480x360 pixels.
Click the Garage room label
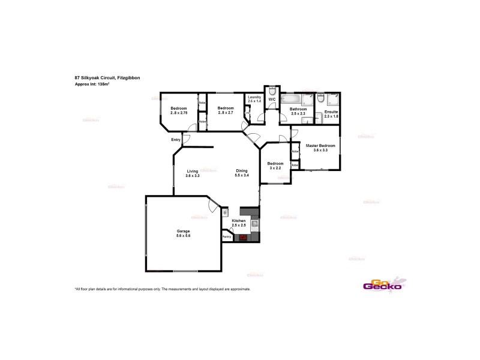[x=183, y=231]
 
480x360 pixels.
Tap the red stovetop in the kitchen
[x=243, y=237]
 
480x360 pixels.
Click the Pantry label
[x=227, y=237]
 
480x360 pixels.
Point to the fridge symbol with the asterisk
[x=225, y=212]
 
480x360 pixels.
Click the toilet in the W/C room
[x=272, y=92]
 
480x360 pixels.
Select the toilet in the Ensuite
[x=322, y=97]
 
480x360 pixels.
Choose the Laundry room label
[x=254, y=98]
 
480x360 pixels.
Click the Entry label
[x=176, y=140]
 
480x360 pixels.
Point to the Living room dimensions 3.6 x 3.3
[x=193, y=175]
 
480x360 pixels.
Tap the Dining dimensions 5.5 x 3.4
[x=242, y=175]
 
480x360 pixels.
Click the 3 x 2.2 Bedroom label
[x=275, y=169]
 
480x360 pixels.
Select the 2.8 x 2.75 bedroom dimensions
[x=179, y=113]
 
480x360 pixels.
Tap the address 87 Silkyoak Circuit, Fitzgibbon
[x=107, y=78]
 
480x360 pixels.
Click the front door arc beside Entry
[x=186, y=140]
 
